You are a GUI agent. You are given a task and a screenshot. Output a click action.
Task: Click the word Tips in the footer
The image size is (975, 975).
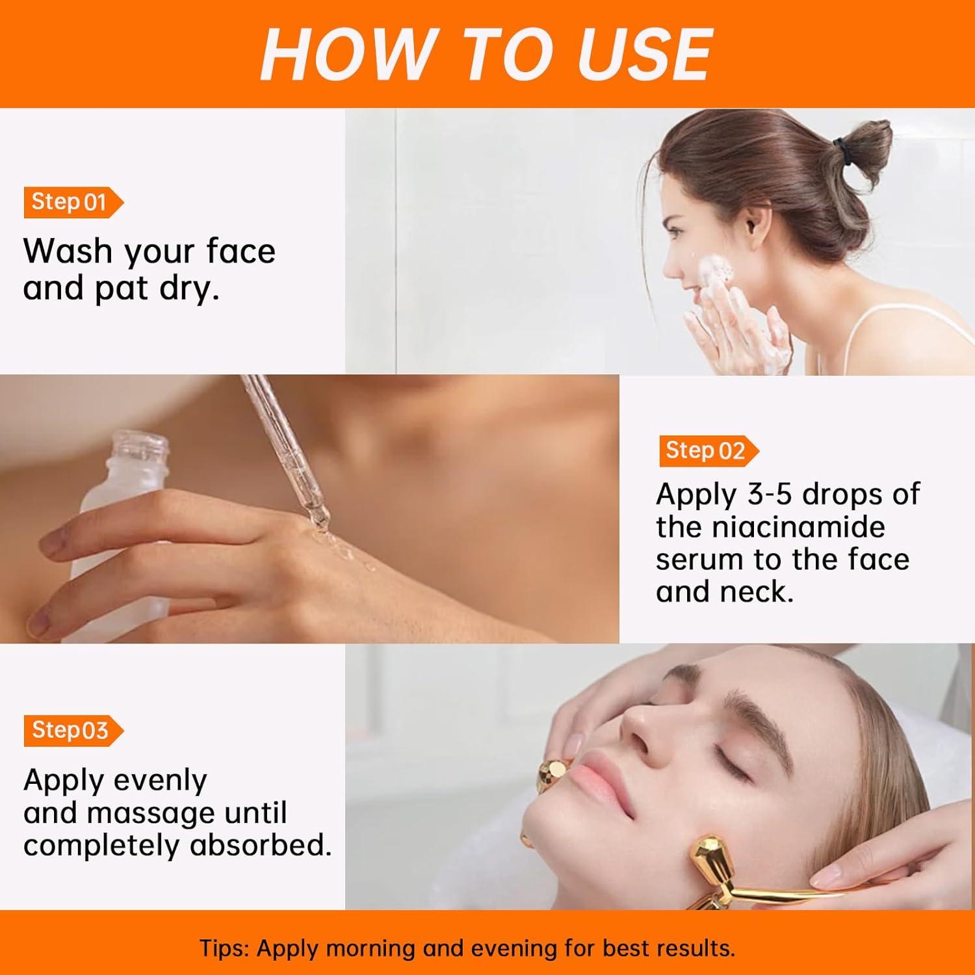223,948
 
